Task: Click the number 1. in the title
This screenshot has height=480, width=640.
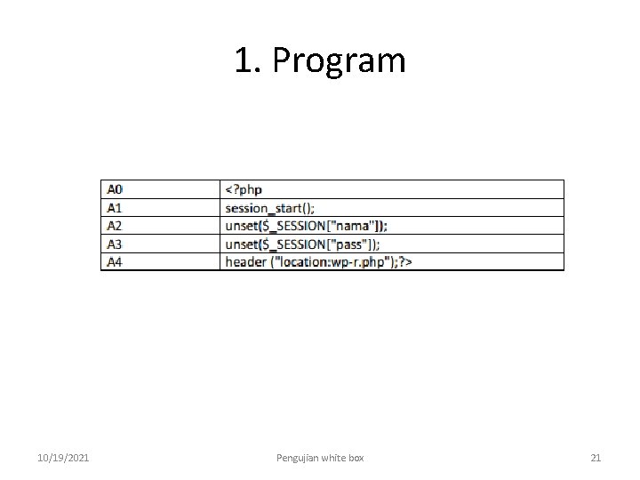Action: pyautogui.click(x=248, y=60)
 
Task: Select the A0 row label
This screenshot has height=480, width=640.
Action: pyautogui.click(x=116, y=189)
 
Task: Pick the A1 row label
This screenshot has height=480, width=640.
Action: pyautogui.click(x=116, y=208)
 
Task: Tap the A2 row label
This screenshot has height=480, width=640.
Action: pyautogui.click(x=116, y=226)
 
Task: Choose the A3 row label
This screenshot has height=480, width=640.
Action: pyautogui.click(x=116, y=244)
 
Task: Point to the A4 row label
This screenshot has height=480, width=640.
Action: pyautogui.click(x=116, y=261)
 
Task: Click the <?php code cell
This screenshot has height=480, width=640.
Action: pyautogui.click(x=244, y=189)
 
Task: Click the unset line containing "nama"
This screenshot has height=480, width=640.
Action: pyautogui.click(x=306, y=226)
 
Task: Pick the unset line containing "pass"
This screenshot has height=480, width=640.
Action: pyautogui.click(x=303, y=244)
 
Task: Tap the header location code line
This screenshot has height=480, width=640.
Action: pyautogui.click(x=318, y=261)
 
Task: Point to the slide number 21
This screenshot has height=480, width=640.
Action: pyautogui.click(x=596, y=458)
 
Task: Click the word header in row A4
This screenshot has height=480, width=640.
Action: pyautogui.click(x=245, y=261)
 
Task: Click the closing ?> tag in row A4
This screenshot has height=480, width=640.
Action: pyautogui.click(x=404, y=261)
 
